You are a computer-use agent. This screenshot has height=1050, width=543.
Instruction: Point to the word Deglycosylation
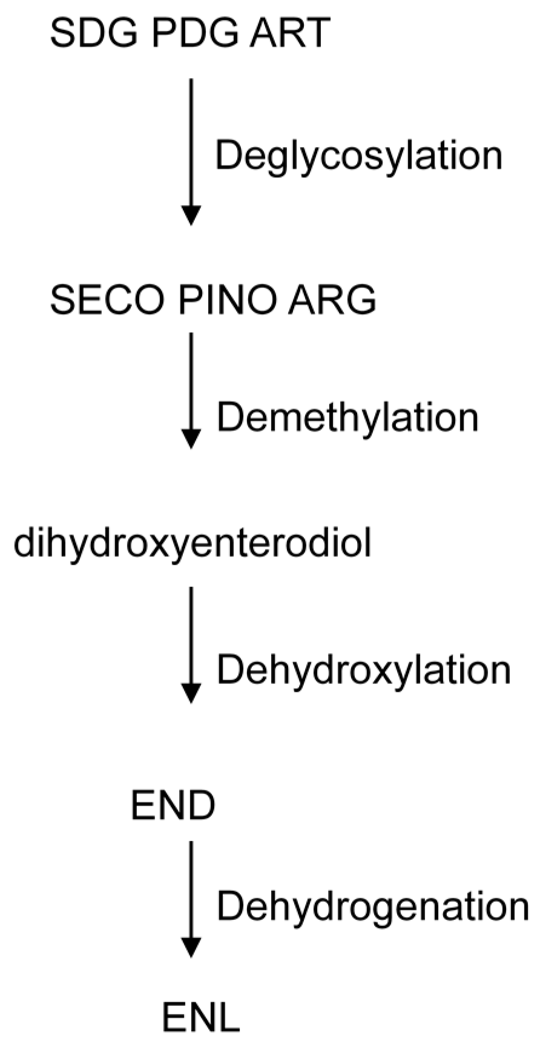[x=359, y=156]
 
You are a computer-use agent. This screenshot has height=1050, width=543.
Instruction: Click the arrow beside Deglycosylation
[x=191, y=151]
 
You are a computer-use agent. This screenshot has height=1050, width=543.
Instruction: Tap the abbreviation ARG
[x=332, y=300]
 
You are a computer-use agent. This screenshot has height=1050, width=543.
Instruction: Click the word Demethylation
[x=347, y=418]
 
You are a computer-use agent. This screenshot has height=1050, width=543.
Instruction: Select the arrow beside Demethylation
[x=191, y=390]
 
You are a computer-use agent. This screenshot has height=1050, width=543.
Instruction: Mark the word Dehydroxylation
[x=364, y=671]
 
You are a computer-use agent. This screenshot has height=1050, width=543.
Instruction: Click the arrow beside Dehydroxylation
[x=191, y=645]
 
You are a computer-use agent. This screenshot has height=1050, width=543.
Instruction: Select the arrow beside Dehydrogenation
[x=191, y=899]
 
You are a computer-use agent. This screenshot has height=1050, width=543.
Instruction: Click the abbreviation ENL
[x=201, y=1019]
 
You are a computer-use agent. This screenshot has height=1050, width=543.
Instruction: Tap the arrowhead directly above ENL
[x=191, y=948]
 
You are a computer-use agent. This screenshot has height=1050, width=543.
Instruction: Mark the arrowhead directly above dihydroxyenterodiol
[x=191, y=439]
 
